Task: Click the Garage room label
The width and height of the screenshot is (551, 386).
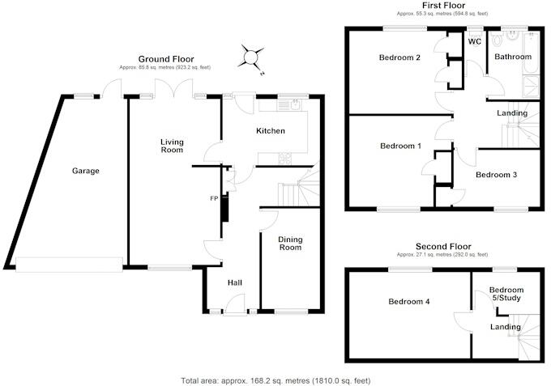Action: [x=85, y=171]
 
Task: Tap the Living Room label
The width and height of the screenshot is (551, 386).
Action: [x=171, y=146]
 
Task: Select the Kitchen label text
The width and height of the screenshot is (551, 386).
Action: [x=270, y=131]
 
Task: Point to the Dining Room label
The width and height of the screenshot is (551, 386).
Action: [x=290, y=243]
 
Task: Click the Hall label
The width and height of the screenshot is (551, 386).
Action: [x=235, y=282]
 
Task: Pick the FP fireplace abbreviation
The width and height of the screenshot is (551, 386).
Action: [x=215, y=198]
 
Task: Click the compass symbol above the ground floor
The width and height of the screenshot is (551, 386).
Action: [x=251, y=57]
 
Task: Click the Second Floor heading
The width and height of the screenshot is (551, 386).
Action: [x=443, y=247]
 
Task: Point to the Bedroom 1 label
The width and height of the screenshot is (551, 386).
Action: [x=400, y=146]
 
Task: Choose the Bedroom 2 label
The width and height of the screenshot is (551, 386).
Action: [x=400, y=58]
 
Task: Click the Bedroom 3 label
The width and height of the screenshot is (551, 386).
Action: [x=495, y=175]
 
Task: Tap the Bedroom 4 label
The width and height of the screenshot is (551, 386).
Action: [x=408, y=302]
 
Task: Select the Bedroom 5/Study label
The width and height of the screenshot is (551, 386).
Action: [x=506, y=295]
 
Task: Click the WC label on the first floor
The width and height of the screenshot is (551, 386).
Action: [x=474, y=40]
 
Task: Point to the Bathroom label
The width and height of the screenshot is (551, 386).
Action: [x=513, y=57]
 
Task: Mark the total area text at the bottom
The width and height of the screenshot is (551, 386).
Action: [x=275, y=380]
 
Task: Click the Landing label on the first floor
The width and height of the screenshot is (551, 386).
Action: [x=511, y=113]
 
